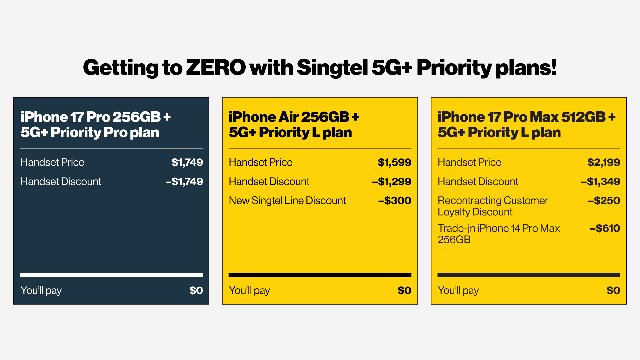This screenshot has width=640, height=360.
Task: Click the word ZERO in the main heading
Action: pyautogui.click(x=216, y=68)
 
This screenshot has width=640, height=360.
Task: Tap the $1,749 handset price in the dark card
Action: pyautogui.click(x=187, y=162)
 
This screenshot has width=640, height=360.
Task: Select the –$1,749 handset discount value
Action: pyautogui.click(x=184, y=182)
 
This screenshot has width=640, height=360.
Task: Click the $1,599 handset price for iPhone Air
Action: pyautogui.click(x=394, y=162)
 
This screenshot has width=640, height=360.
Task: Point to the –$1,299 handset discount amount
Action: pyautogui.click(x=391, y=182)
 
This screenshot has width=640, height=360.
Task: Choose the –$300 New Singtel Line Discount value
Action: pyautogui.click(x=394, y=201)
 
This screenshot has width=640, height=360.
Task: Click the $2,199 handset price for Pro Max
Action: pyautogui.click(x=603, y=162)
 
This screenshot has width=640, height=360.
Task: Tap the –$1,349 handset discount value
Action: pyautogui.click(x=600, y=182)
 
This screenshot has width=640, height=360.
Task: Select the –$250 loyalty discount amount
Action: pyautogui.click(x=604, y=201)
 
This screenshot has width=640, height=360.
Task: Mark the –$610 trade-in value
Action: pyautogui.click(x=605, y=228)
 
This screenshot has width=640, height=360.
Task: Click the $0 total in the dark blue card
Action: pyautogui.click(x=196, y=290)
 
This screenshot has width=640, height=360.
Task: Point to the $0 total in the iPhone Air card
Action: pyautogui.click(x=404, y=290)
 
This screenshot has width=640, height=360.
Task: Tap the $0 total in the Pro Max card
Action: pyautogui.click(x=613, y=290)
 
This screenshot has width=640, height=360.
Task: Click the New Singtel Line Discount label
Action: pyautogui.click(x=287, y=201)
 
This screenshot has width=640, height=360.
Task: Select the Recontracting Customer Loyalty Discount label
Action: pyautogui.click(x=493, y=206)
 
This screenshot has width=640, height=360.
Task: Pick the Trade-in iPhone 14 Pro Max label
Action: pyautogui.click(x=498, y=234)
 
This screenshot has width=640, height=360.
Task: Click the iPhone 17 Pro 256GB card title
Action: pyautogui.click(x=95, y=125)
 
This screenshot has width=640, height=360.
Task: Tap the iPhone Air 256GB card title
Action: pyautogui.click(x=294, y=125)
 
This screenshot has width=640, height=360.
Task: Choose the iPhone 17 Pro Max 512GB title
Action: pyautogui.click(x=526, y=125)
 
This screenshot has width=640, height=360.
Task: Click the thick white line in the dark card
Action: pyautogui.click(x=112, y=275)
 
